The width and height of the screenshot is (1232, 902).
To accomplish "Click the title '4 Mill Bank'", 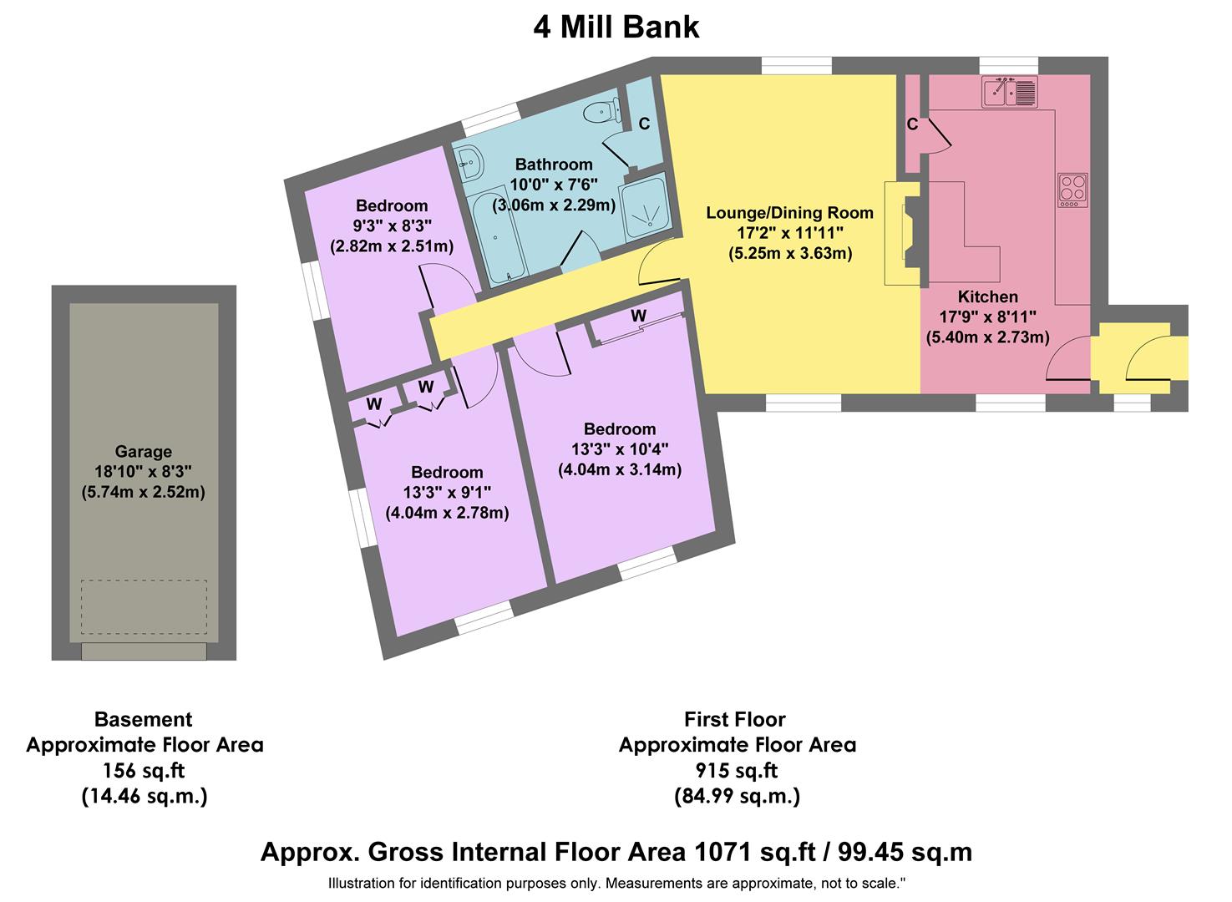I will (x=616, y=28).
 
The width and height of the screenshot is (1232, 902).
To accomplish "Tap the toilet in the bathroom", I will (x=601, y=111).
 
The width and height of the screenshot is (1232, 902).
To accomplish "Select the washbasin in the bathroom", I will (x=469, y=160).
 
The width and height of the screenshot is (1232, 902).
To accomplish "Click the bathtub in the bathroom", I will (x=499, y=238).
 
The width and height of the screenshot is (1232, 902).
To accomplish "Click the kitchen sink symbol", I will (x=1010, y=91).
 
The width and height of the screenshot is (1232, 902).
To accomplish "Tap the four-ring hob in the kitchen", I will (x=1072, y=190).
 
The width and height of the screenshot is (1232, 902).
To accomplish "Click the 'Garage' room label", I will (x=144, y=452).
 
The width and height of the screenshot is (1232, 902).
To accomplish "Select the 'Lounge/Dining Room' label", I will (x=789, y=213).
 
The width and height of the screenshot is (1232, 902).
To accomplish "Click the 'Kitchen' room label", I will (x=987, y=296).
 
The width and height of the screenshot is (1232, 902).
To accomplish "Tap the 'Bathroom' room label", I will (x=553, y=165).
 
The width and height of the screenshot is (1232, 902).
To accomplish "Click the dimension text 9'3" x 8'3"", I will (x=392, y=226).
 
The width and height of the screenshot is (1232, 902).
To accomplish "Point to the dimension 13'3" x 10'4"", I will (x=620, y=449).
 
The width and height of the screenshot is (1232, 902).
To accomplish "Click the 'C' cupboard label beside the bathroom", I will (x=644, y=124).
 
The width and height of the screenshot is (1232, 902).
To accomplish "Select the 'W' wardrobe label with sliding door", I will (x=638, y=316).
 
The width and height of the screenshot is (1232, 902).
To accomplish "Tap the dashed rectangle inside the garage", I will (x=144, y=608).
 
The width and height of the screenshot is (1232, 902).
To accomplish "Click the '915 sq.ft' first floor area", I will (x=737, y=770).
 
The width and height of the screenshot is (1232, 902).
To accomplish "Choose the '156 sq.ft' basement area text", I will (x=144, y=770).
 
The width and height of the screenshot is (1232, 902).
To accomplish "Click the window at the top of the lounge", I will (x=796, y=65).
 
